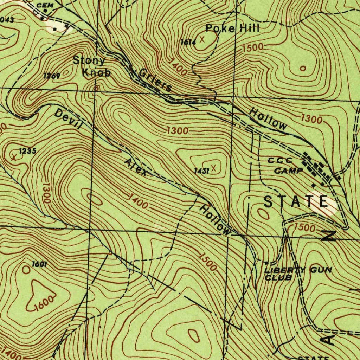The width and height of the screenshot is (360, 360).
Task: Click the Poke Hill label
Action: [x=232, y=28]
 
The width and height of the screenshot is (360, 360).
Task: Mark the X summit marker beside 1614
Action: [x=202, y=39]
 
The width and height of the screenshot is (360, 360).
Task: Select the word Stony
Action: [x=89, y=61]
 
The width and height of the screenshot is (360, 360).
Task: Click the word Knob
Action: [x=96, y=73]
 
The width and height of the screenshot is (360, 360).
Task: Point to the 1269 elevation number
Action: [x=52, y=76]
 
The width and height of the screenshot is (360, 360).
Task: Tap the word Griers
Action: [x=155, y=80]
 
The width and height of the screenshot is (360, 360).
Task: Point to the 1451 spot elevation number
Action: [x=201, y=171]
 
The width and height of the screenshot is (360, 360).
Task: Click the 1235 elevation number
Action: [x=27, y=151]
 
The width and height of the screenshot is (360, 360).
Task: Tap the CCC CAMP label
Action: [x=285, y=166]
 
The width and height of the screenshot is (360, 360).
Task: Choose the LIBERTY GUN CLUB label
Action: [x=297, y=274]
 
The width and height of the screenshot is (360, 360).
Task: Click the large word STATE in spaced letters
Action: [x=296, y=202]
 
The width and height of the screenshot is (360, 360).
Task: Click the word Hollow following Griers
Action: [x=268, y=119]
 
